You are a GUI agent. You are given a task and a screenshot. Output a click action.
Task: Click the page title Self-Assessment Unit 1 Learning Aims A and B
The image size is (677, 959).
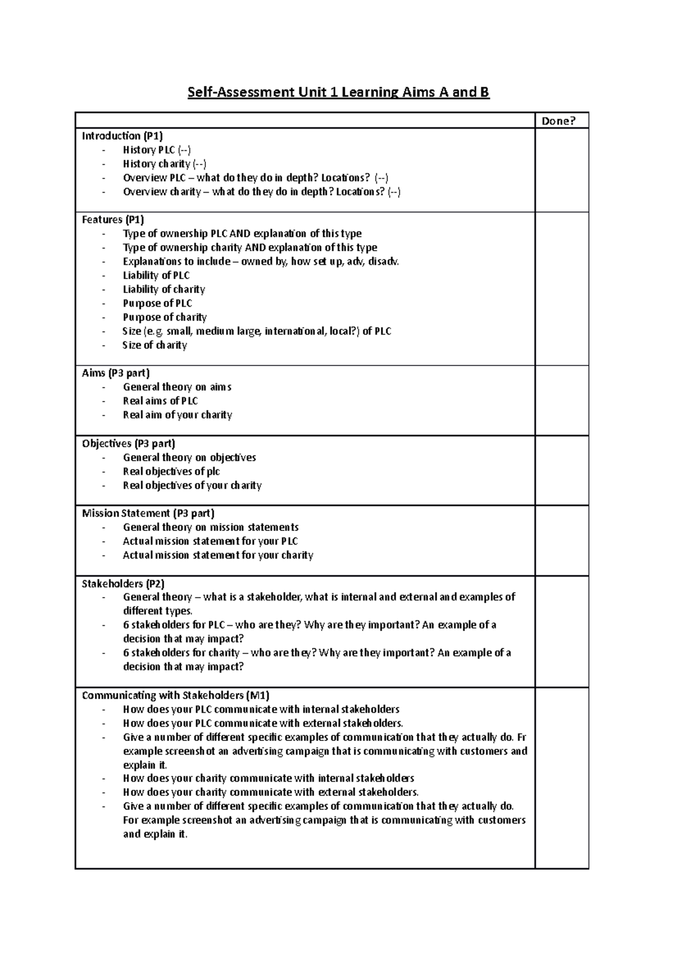pyautogui.click(x=338, y=92)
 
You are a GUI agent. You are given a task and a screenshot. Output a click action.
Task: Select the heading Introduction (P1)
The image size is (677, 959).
pyautogui.click(x=122, y=136)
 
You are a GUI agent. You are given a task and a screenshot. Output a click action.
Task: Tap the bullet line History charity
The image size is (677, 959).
pyautogui.click(x=164, y=164)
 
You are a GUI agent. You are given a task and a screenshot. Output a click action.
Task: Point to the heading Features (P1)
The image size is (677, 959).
pyautogui.click(x=113, y=220)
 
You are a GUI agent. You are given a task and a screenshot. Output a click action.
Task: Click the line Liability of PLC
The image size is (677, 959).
pyautogui.click(x=156, y=276)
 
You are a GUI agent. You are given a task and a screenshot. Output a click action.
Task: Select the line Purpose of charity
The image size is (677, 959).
pyautogui.click(x=165, y=317)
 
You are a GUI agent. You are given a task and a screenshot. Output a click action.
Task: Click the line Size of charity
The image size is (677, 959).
pyautogui.click(x=155, y=345)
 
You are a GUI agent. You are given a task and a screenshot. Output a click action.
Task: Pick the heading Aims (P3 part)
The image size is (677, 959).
pyautogui.click(x=116, y=373)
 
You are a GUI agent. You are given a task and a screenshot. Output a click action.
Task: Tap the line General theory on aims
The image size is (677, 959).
pyautogui.click(x=177, y=387)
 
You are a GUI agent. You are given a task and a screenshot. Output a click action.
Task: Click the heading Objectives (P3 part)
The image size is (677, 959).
pyautogui.click(x=129, y=443)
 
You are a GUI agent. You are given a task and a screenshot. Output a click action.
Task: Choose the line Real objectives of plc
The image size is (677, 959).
pyautogui.click(x=172, y=472)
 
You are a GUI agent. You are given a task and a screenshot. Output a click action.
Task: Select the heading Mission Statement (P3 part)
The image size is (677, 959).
pyautogui.click(x=148, y=513)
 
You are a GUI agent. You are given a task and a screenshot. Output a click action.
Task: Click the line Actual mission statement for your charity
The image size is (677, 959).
pyautogui.click(x=218, y=555)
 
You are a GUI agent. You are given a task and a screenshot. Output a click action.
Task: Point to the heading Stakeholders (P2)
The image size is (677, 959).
pyautogui.click(x=123, y=583)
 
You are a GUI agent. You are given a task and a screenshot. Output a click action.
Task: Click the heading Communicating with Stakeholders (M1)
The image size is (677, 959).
pyautogui.click(x=179, y=695)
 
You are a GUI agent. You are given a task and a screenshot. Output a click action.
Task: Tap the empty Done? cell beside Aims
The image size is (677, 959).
pyautogui.click(x=561, y=400)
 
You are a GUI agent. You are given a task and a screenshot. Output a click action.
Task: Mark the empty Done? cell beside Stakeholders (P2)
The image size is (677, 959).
pyautogui.click(x=561, y=631)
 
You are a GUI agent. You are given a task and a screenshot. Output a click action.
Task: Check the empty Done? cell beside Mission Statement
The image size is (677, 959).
pyautogui.click(x=561, y=540)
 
